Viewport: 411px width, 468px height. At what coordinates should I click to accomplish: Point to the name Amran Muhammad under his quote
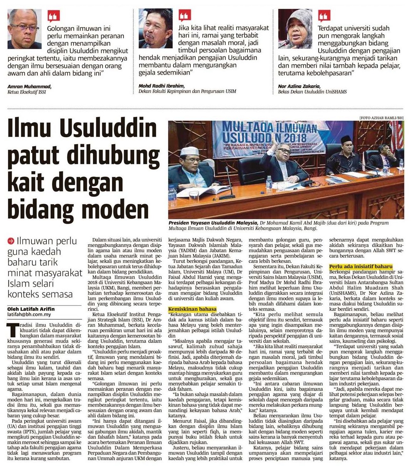(x=29, y=87)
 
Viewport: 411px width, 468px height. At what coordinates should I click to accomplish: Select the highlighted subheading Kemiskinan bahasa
(x=192, y=309)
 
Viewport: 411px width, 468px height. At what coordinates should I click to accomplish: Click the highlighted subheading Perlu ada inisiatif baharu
(x=361, y=266)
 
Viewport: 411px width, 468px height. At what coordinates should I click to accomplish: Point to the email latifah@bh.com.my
(x=29, y=314)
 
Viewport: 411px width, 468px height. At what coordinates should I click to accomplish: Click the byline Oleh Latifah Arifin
(x=31, y=309)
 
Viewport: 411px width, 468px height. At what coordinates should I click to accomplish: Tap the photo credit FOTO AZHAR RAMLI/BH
(x=381, y=117)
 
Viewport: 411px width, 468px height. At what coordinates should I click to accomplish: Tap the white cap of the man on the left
(x=189, y=150)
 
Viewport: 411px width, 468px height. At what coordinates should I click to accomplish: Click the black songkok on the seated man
(x=346, y=139)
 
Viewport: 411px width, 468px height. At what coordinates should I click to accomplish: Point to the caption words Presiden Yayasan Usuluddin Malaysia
(x=213, y=223)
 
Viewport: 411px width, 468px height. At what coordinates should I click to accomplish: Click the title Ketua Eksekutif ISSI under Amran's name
(x=26, y=92)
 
